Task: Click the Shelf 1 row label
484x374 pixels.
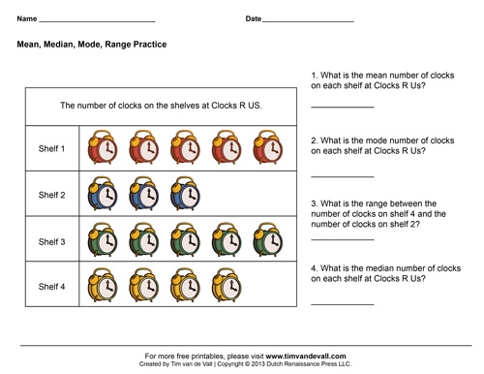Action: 51,149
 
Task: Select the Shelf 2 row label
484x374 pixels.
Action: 51,195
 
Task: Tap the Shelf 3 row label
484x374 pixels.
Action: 51,240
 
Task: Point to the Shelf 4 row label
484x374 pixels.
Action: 51,286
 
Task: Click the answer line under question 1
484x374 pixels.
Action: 342,107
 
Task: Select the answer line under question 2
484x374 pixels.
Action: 342,175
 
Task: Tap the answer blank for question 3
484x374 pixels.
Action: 342,238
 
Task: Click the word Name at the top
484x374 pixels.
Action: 27,18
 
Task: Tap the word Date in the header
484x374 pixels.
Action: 254,18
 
